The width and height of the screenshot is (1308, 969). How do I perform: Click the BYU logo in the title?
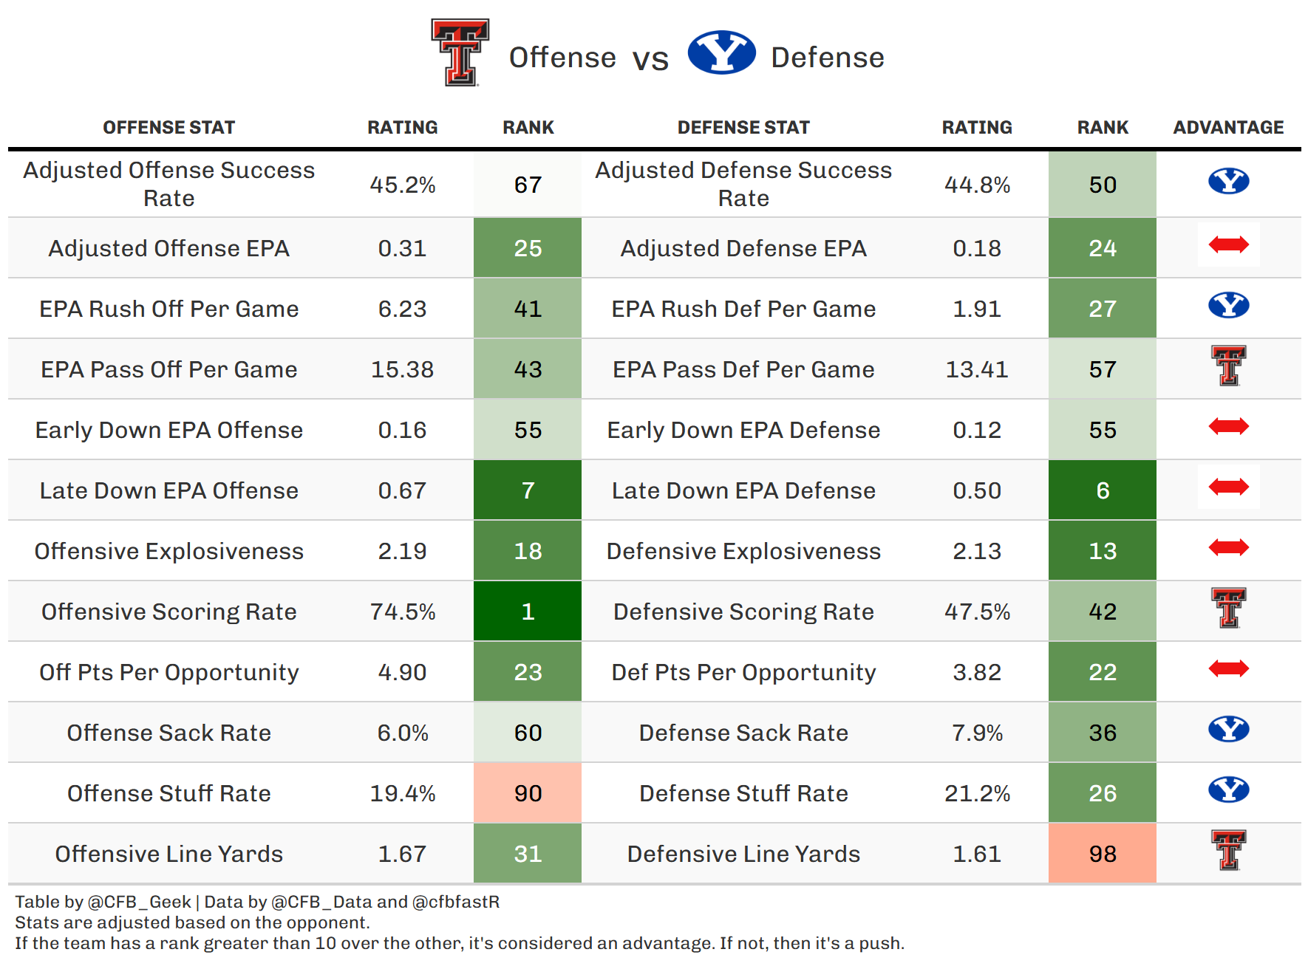click(x=721, y=52)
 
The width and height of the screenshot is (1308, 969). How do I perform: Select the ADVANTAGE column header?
click(x=1228, y=128)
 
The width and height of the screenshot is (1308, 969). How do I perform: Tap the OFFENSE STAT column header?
click(x=168, y=128)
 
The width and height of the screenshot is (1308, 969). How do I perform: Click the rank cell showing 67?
click(x=528, y=185)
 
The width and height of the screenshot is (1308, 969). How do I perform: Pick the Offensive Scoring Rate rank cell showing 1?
click(x=528, y=612)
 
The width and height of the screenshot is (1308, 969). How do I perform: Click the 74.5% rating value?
click(x=403, y=612)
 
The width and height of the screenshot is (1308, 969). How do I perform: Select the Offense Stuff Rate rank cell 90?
click(x=528, y=793)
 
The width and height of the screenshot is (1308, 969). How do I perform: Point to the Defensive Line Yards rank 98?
click(x=1103, y=854)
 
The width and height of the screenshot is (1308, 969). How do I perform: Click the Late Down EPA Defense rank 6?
click(x=1103, y=490)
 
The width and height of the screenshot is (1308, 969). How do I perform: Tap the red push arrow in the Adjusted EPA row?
click(x=1228, y=244)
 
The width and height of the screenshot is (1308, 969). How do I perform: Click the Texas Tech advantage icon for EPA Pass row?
click(x=1228, y=366)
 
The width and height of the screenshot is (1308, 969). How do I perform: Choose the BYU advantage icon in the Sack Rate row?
click(x=1228, y=729)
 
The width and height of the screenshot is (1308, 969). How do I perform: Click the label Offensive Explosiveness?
click(x=168, y=551)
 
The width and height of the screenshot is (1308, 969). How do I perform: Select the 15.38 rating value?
click(x=403, y=369)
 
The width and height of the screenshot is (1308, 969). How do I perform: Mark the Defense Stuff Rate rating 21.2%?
click(x=977, y=793)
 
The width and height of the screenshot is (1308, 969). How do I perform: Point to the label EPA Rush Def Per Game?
click(x=743, y=309)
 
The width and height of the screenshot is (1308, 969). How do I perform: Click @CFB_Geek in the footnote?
click(x=139, y=902)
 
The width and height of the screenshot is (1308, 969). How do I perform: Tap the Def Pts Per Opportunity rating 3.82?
click(x=977, y=672)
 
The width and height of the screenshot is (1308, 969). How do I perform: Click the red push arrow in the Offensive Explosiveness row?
click(x=1228, y=547)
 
